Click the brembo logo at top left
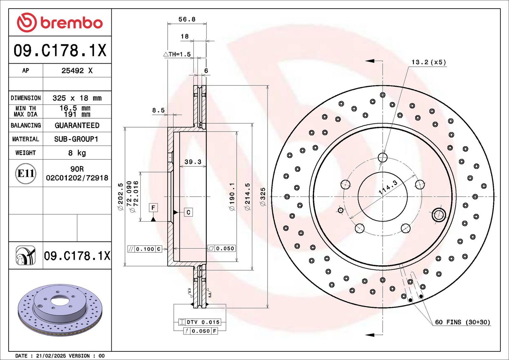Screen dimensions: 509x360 tap(60, 23)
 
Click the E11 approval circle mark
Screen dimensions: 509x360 tap(26, 174)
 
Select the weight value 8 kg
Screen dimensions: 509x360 tap(77, 153)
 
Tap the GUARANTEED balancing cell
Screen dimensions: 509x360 tap(77, 125)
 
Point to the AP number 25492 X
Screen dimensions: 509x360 tap(77, 71)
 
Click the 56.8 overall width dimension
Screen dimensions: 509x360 tap(187, 19)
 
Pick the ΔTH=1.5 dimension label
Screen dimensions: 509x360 tap(177, 54)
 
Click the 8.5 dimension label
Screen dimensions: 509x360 tap(158, 110)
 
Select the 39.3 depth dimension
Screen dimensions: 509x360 tap(193, 162)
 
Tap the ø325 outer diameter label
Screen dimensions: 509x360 tap(263, 197)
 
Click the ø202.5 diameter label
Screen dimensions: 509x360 tap(121, 197)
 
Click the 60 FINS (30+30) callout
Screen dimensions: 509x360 tap(463, 322)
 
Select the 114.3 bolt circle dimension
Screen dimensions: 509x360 tap(388, 187)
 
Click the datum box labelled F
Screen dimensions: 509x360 tap(153, 208)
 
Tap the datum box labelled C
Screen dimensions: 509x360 tap(188, 212)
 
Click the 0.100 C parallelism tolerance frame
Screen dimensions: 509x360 tap(145, 249)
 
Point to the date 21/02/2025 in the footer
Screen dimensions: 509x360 tap(51, 356)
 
